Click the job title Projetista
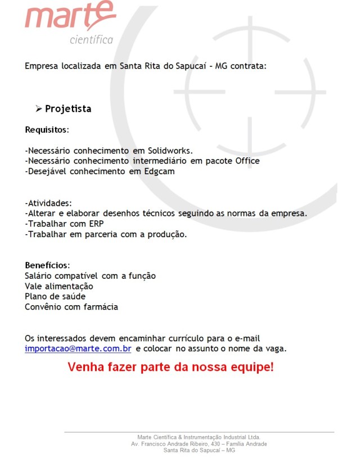68,108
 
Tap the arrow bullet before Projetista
39,108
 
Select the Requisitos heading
46,130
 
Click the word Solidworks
170,151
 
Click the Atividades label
49,203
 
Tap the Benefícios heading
47,265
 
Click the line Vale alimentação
59,286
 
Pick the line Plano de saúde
55,296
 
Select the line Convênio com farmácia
71,307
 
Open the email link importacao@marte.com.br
78,349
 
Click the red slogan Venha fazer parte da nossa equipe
171,368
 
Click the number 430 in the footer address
210,444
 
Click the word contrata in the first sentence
245,66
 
